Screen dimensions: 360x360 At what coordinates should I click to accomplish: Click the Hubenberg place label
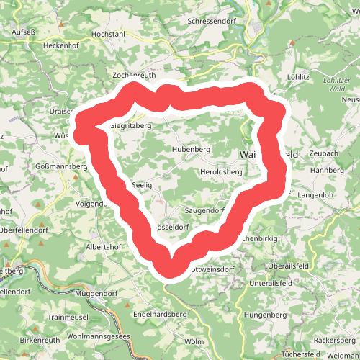pos(190,149)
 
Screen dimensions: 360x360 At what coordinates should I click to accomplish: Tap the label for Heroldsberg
pos(221,173)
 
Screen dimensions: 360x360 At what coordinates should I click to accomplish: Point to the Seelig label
pos(143,185)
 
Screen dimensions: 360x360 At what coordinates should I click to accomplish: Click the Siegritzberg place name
pos(130,125)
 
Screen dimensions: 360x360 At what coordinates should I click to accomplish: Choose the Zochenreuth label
pos(135,75)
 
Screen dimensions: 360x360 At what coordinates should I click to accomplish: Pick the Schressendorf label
pos(212,22)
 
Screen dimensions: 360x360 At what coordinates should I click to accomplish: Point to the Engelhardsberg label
pos(160,315)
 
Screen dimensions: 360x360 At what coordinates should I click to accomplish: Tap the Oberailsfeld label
pos(289,266)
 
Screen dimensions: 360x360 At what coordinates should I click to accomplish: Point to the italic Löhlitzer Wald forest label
pos(336,84)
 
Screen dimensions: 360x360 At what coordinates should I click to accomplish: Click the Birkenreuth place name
pos(42,339)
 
